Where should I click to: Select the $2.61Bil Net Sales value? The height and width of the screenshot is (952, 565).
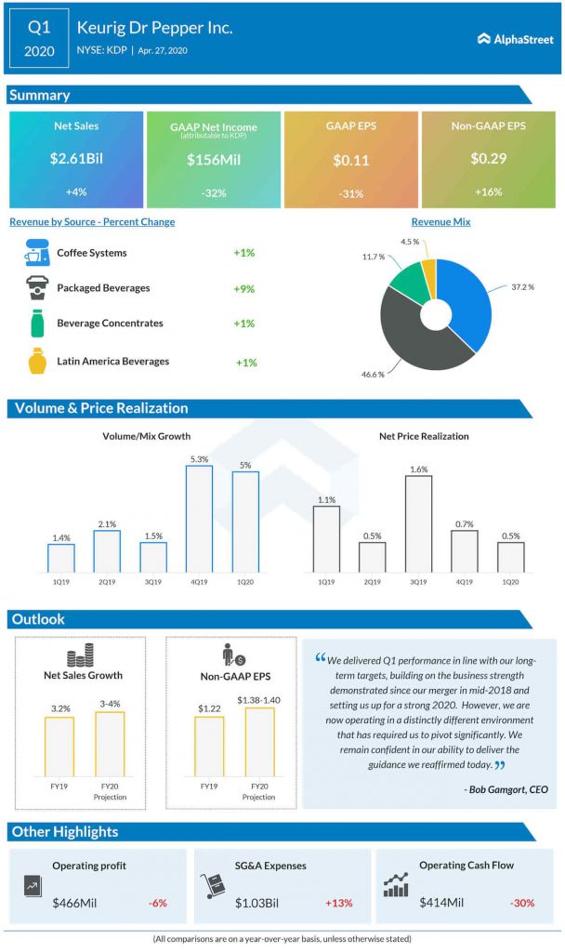[x=76, y=158]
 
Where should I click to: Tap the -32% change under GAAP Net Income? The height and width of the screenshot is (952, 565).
[x=214, y=192]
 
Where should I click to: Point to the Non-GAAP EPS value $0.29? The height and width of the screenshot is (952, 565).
[x=488, y=158]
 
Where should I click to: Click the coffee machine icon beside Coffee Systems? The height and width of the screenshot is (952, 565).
[x=37, y=253]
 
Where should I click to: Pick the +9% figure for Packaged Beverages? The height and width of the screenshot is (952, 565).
[x=244, y=288]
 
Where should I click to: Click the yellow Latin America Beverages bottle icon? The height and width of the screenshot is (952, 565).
[x=37, y=360]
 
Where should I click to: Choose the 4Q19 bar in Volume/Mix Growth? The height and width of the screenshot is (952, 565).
[x=199, y=518]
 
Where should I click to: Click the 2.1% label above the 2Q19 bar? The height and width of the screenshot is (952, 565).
[x=107, y=524]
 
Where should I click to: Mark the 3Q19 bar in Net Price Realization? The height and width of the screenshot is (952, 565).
[x=418, y=522]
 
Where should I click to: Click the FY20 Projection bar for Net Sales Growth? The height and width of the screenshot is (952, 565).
[x=110, y=744]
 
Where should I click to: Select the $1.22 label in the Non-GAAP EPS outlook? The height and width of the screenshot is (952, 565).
[x=208, y=708]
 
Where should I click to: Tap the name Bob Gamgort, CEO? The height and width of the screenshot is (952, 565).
[x=506, y=789]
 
